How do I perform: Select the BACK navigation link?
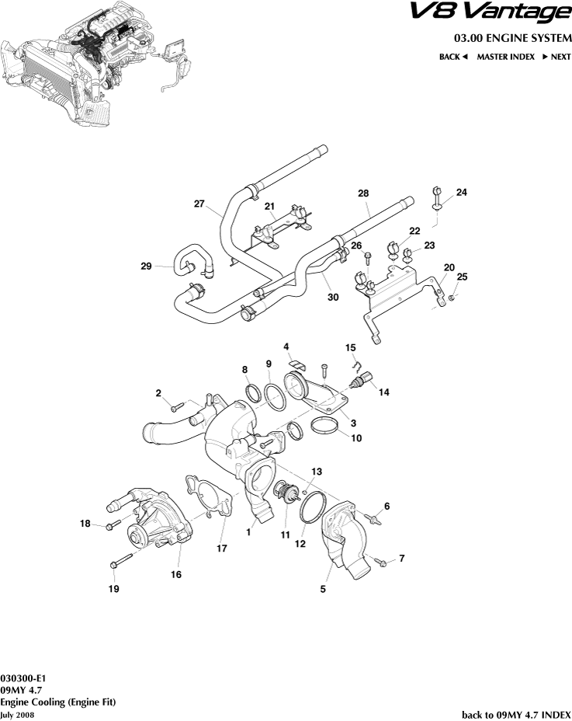(x=453, y=57)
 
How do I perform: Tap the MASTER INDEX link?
(x=505, y=57)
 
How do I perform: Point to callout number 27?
(x=199, y=204)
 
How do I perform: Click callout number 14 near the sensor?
(x=383, y=392)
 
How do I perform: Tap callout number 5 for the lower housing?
(x=323, y=589)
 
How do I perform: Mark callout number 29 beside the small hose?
(x=146, y=266)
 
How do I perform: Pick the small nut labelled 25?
(x=451, y=296)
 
